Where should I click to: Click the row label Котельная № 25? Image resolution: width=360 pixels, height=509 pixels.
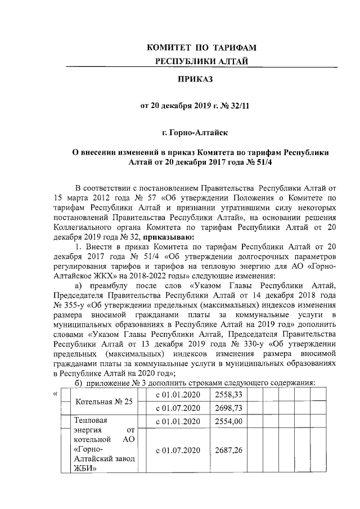point(99,402)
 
